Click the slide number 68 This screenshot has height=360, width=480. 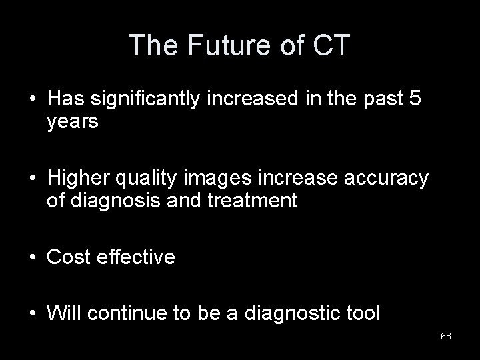pos(445,335)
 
